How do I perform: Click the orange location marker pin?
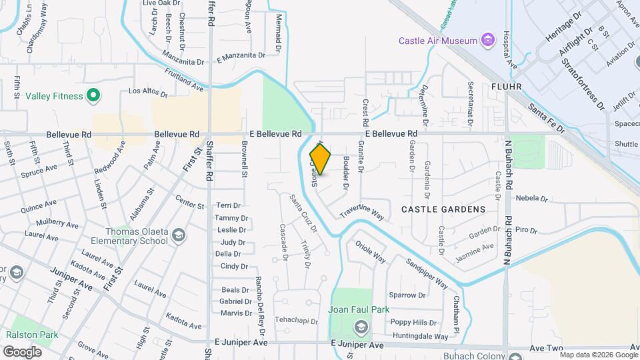click(320, 159)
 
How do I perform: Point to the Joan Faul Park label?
click(359, 309)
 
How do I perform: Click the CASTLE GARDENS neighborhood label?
click(443, 209)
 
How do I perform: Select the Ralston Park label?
click(32, 335)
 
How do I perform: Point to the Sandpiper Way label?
click(427, 271)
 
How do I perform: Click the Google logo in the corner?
click(22, 351)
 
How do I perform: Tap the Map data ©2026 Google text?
click(598, 355)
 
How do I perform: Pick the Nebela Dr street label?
click(531, 198)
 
